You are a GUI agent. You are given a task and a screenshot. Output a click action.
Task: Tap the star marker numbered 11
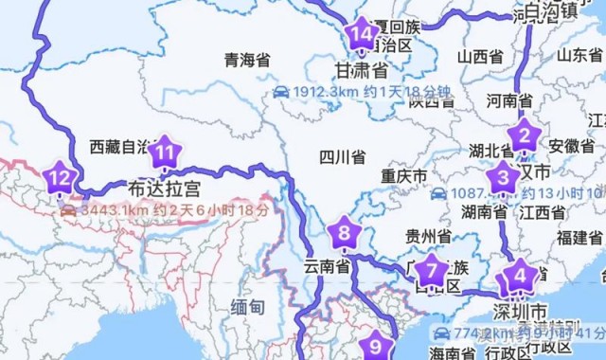click(x=166, y=151)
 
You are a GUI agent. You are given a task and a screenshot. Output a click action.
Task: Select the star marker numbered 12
click(x=60, y=176)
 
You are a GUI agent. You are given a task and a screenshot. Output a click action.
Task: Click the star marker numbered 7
click(x=432, y=270)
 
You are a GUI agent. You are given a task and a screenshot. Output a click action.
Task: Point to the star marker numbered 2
click(x=523, y=134)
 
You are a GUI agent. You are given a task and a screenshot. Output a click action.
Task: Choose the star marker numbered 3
click(x=502, y=175)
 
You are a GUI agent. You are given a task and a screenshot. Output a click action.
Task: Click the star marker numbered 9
click(x=375, y=346)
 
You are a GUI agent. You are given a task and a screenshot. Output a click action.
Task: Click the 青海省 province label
click(x=247, y=60)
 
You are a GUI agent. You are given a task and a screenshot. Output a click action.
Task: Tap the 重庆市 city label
click(x=403, y=176)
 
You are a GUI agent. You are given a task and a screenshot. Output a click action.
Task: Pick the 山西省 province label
click(x=478, y=57)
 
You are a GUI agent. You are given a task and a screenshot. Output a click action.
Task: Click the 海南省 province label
click(x=451, y=352)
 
